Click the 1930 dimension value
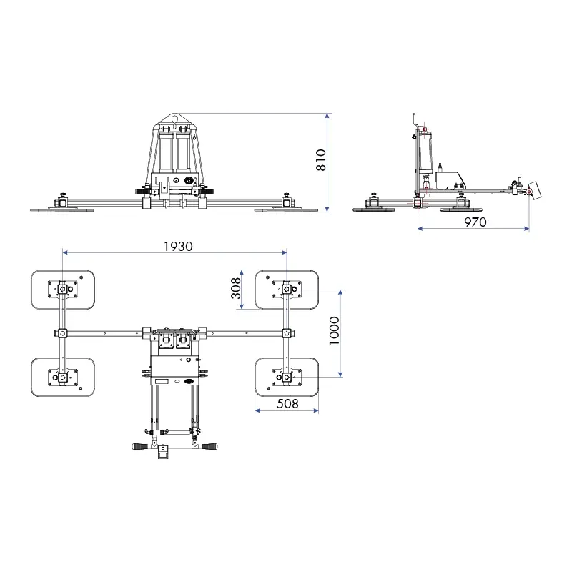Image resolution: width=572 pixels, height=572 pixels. (178, 247)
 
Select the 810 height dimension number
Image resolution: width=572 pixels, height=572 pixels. (321, 159)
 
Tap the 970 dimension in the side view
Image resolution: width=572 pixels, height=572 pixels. (475, 222)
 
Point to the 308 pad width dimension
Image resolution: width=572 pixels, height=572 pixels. (236, 288)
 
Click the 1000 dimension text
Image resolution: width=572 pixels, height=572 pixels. (334, 330)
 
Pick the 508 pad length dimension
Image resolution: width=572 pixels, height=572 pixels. (287, 403)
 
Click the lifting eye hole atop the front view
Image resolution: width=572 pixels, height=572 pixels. (174, 118)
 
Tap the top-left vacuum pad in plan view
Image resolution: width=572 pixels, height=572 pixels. (63, 290)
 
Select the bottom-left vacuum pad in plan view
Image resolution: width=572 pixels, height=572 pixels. (63, 378)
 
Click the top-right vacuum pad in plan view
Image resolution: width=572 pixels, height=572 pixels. (287, 290)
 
